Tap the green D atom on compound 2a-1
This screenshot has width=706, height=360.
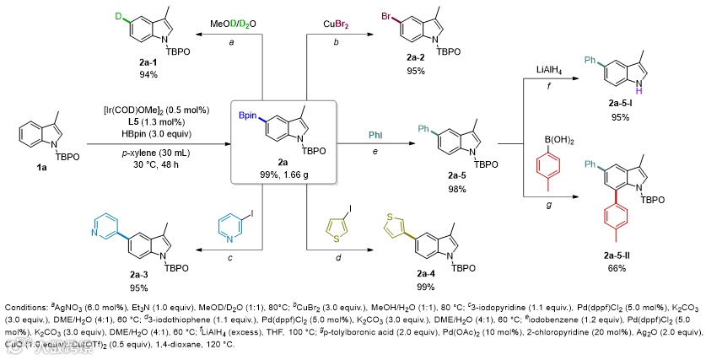click(94, 14)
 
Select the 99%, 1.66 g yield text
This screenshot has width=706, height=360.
click(285, 172)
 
